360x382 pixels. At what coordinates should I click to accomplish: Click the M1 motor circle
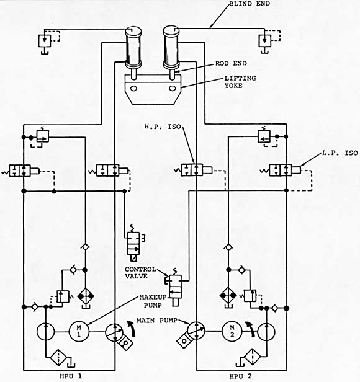79,331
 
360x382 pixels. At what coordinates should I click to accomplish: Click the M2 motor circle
232,331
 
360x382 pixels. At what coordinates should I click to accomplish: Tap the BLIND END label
250,4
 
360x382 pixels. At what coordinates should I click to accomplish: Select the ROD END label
231,64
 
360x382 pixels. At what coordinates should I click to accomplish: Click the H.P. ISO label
163,127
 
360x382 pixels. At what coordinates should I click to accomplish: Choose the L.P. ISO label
340,153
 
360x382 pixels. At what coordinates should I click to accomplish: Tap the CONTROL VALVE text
140,273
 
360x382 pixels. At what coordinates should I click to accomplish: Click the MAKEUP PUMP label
153,301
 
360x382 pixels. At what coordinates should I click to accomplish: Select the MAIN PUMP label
156,321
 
